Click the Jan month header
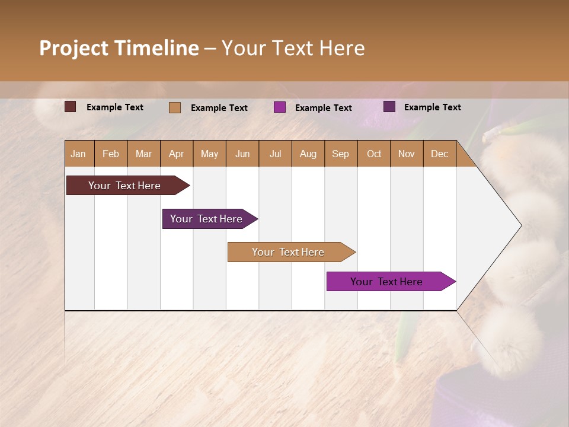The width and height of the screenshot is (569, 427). tap(78, 154)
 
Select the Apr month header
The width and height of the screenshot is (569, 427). tap(176, 154)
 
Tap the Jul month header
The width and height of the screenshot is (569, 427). tap(275, 154)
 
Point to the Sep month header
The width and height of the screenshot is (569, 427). tap(340, 154)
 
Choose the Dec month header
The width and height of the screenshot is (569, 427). tap(439, 154)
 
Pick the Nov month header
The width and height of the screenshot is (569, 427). tap(406, 154)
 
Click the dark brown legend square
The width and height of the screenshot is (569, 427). tap(70, 107)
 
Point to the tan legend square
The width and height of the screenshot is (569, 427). tap(174, 107)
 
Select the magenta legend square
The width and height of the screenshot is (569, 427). tap(280, 107)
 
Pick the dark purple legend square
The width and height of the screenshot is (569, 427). tap(389, 107)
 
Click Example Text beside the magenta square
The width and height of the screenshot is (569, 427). tap(323, 107)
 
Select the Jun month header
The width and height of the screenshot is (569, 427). tap(242, 154)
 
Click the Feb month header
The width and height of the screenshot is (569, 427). tap(110, 154)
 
